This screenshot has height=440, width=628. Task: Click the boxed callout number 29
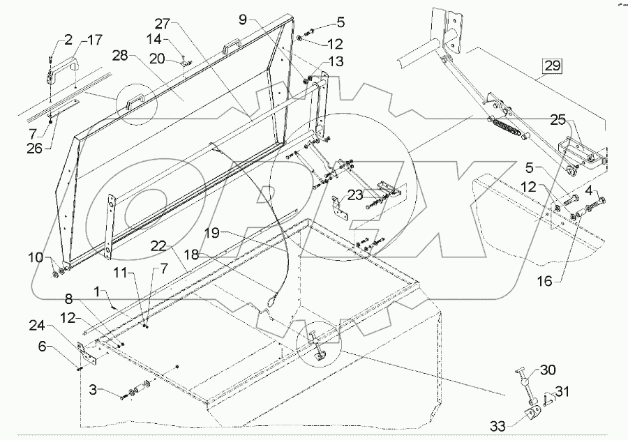click(552, 68)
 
